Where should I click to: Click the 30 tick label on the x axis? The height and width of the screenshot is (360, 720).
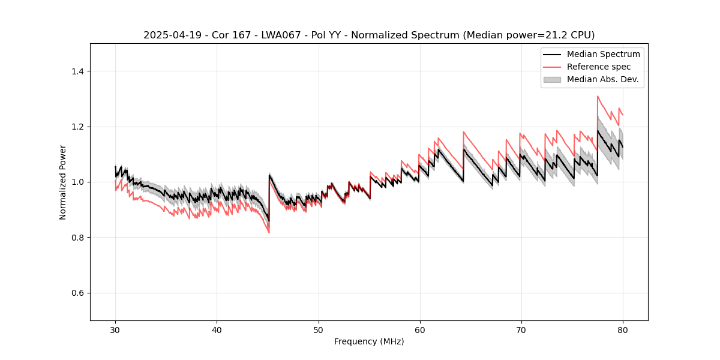tap(115, 330)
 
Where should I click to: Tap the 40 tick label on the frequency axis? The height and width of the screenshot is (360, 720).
tap(217, 330)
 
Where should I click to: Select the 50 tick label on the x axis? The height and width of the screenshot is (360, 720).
tap(318, 330)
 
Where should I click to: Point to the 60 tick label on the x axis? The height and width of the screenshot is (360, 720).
tap(419, 330)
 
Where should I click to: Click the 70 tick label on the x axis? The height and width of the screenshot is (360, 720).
tap(521, 330)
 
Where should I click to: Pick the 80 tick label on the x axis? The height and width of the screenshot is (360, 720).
tap(622, 330)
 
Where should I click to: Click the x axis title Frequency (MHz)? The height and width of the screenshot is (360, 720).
tap(369, 341)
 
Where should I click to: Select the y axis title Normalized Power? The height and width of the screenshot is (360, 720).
tap(63, 182)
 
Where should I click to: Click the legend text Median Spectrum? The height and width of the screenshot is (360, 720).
tap(603, 54)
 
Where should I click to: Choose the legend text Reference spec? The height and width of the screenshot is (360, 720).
tap(599, 67)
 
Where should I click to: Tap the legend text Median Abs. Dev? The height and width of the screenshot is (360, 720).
tap(602, 79)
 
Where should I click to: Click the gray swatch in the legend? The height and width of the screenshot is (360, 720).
tap(552, 79)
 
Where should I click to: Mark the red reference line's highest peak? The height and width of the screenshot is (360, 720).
tap(598, 96)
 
